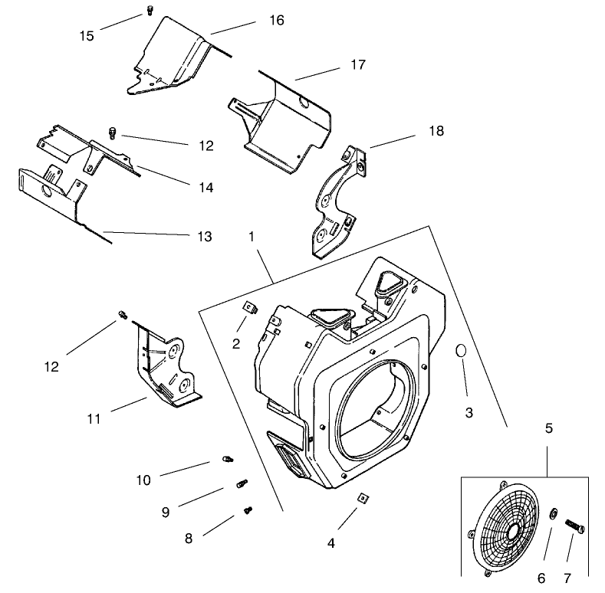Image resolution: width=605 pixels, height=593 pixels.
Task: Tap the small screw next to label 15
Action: point(149,11)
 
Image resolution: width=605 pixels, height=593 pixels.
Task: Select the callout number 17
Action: point(357,65)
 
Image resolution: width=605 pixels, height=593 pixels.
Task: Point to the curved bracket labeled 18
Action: point(336,201)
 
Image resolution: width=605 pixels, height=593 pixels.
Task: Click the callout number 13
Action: point(203,237)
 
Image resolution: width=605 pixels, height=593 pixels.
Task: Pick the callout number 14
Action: point(203,187)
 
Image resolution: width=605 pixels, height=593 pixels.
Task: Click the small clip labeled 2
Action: point(248,310)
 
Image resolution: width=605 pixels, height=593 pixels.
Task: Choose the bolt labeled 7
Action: point(575,530)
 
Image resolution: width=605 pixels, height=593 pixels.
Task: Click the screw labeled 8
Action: point(248,509)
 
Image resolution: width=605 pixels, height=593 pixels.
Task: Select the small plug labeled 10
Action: point(227,459)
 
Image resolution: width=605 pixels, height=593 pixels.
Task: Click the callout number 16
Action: point(276,21)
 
